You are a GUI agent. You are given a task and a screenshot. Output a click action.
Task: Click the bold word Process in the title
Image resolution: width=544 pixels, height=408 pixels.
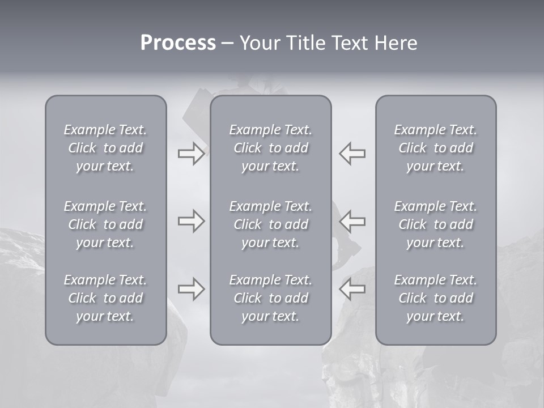[178, 43]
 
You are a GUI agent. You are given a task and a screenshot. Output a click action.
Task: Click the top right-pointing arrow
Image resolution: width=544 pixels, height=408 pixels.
[191, 154]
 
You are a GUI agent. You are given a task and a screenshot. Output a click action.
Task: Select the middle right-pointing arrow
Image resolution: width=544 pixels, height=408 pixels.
[191, 221]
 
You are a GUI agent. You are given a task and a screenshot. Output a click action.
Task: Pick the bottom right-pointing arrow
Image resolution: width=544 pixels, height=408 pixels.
[191, 289]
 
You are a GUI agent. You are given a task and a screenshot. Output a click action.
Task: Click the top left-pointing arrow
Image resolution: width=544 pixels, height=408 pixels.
[352, 154]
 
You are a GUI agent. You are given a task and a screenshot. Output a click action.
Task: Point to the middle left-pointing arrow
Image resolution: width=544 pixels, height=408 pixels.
[352, 221]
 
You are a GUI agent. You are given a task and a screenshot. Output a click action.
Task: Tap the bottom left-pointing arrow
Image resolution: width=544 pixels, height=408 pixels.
[352, 289]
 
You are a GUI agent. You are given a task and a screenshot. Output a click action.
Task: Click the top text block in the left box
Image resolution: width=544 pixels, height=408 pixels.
[105, 148]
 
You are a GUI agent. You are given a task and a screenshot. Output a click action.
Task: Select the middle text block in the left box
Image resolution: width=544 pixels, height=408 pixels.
[105, 224]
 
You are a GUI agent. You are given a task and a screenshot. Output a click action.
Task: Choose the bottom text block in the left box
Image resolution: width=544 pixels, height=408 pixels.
[105, 298]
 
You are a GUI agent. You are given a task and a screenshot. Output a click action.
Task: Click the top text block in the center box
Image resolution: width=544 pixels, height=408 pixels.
[271, 148]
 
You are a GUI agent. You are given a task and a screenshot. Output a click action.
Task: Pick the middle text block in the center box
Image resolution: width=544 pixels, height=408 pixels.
[271, 224]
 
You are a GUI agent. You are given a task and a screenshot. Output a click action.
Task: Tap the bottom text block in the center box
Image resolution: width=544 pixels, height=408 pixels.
[271, 298]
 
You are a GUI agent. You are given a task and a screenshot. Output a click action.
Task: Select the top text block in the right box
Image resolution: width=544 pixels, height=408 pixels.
[436, 148]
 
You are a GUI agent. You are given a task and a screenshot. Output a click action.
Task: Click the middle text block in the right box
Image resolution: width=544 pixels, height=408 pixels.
[436, 224]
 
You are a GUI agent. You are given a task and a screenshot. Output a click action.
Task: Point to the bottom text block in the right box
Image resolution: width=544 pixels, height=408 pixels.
[436, 298]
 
